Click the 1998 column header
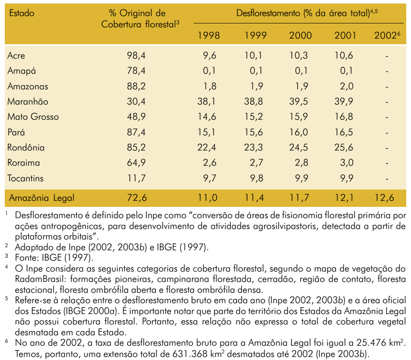pos(209,36)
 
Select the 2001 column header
pos(345,36)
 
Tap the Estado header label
pos(22,13)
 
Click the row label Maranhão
pos(28,101)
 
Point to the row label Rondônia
pos(26,147)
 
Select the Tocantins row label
pos(26,178)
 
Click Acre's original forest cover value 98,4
pos(136,56)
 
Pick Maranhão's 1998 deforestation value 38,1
pos(207,101)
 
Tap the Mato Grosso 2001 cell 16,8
pos(344,117)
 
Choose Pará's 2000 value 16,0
pos(299,132)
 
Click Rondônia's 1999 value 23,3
pos(253,147)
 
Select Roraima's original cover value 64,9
pos(136,163)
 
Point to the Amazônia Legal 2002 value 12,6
pos(384,197)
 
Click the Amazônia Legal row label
pos(42,198)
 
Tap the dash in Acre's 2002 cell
pos(387,56)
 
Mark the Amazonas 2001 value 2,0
pos(347,86)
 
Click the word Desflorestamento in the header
pos(268,13)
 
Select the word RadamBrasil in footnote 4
pos(39,279)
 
